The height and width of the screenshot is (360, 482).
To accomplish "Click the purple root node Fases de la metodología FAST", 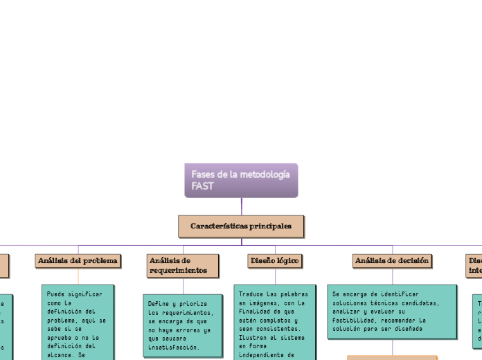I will pyautogui.click(x=241, y=180).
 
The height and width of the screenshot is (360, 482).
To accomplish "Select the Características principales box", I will pyautogui.click(x=241, y=226).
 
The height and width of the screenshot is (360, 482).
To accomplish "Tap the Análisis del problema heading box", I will pyautogui.click(x=78, y=260).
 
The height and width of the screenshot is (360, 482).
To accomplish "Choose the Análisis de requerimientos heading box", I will pyautogui.click(x=183, y=265).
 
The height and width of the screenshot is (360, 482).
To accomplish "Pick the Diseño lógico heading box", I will pyautogui.click(x=274, y=260).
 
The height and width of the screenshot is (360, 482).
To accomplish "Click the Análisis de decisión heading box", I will pyautogui.click(x=392, y=260).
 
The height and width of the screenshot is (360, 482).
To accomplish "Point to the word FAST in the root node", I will pyautogui.click(x=203, y=186).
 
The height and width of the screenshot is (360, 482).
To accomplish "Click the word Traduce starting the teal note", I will pyautogui.click(x=251, y=294).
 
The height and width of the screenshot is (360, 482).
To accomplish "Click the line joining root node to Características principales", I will pyautogui.click(x=242, y=206).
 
